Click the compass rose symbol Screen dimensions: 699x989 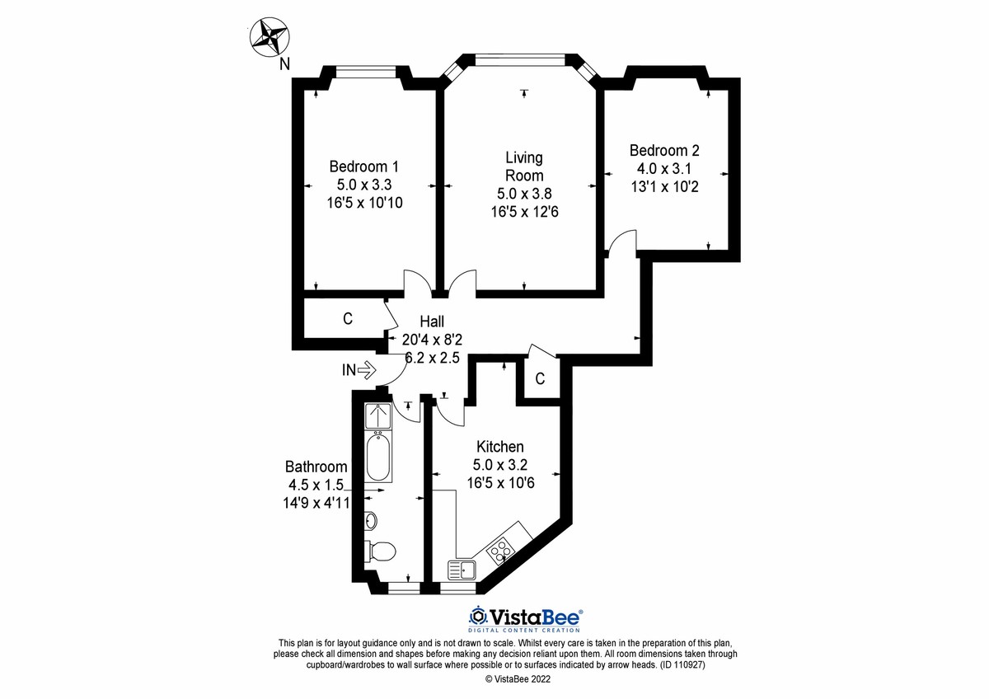[270, 37]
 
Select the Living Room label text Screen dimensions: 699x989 [524, 166]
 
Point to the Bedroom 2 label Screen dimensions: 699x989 [664, 151]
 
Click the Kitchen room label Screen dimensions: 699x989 [499, 446]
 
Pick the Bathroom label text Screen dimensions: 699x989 [316, 466]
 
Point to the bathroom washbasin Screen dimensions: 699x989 [371, 520]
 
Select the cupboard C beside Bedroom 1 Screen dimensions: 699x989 [348, 318]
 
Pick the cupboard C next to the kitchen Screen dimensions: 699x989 [540, 379]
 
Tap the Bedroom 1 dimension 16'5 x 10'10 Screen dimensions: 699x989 [365, 201]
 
